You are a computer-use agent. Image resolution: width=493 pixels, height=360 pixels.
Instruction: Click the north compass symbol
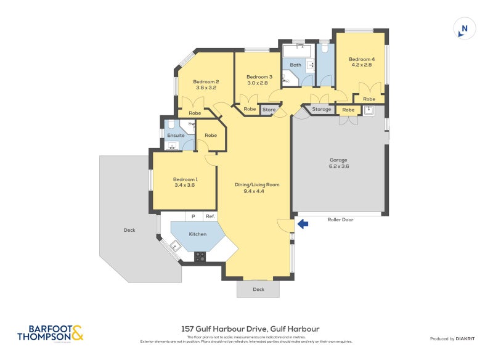pos(464,28)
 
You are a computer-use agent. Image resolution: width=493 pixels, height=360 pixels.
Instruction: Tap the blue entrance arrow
pos(302,224)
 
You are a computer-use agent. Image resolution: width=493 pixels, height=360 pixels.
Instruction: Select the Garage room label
pos(340,162)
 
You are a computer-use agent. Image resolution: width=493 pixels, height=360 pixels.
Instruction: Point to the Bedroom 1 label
pos(185,182)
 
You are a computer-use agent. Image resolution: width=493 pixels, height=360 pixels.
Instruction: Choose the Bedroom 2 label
pos(206,84)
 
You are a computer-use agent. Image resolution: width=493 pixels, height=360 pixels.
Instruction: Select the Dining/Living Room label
pos(257,187)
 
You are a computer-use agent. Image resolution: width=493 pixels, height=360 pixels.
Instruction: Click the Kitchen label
pos(197,234)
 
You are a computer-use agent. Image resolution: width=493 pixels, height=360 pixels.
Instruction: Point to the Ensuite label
pos(176,135)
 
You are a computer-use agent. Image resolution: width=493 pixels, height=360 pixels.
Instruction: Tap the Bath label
pos(296,65)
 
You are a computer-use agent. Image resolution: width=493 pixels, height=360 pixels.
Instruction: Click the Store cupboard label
pos(269,110)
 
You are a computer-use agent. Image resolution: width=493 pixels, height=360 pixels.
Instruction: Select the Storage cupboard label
pos(321,109)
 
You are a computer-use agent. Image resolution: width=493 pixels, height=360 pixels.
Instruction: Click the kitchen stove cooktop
pos(200,256)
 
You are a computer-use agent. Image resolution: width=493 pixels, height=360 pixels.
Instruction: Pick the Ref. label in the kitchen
pos(210,216)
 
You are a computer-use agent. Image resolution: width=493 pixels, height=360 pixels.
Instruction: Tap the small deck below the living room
pos(258,289)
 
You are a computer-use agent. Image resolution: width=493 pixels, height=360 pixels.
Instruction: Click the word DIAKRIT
pos(468,338)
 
